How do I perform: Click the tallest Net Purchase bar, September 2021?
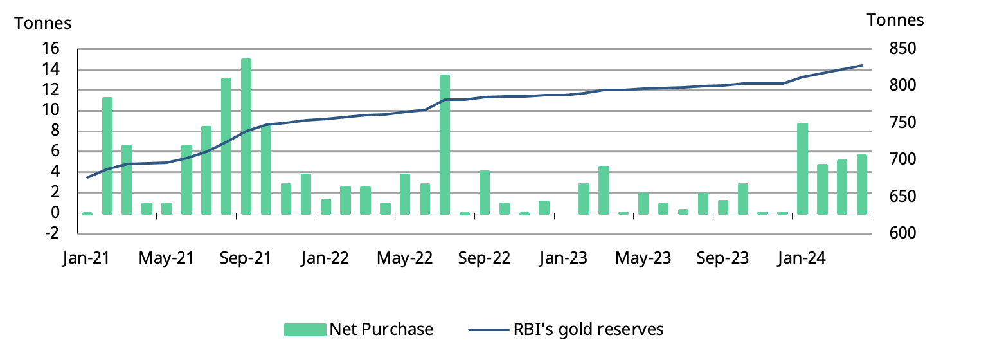[x=246, y=136]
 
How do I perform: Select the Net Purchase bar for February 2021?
[x=107, y=156]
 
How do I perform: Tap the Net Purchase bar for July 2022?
[x=445, y=144]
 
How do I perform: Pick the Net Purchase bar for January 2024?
[x=802, y=168]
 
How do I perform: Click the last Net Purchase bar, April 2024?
[x=862, y=184]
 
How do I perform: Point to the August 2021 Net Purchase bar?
[x=226, y=146]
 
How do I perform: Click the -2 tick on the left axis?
[x=51, y=233]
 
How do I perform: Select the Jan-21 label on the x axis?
[x=85, y=258]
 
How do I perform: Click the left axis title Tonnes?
[x=43, y=23]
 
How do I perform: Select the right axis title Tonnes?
[x=895, y=21]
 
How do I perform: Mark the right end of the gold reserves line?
[x=862, y=66]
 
